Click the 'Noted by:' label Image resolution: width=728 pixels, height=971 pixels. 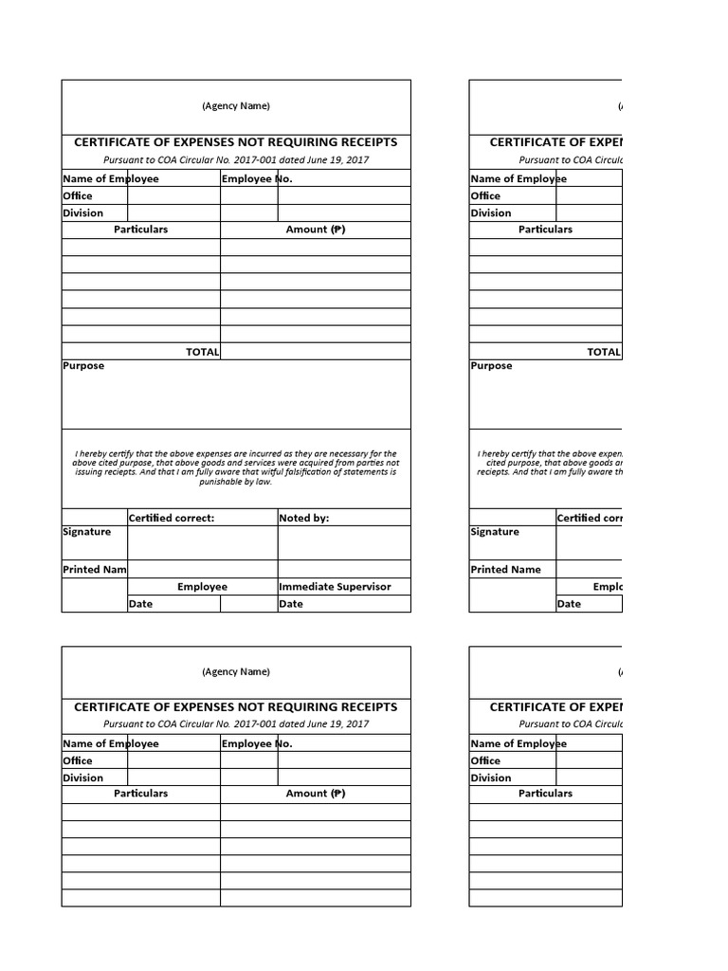(303, 518)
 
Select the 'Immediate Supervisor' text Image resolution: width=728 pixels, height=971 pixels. (335, 586)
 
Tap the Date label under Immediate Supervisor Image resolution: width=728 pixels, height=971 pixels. (291, 604)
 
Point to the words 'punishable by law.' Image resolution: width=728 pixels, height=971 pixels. (236, 482)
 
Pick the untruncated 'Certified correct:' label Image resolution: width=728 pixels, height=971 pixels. (172, 518)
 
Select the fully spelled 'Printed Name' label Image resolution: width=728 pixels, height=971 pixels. (506, 569)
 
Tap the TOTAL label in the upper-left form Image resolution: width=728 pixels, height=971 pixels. (203, 351)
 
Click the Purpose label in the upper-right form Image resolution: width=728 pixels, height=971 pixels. (491, 366)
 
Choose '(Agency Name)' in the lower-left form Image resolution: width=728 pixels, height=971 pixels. (236, 671)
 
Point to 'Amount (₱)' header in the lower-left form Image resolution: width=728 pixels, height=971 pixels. (316, 793)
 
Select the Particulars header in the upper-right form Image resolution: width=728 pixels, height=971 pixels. (545, 229)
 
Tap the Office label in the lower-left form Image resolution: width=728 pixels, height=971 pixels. (78, 760)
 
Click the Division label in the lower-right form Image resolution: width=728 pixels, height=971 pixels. (491, 778)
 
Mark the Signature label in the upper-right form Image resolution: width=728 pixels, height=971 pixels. (495, 532)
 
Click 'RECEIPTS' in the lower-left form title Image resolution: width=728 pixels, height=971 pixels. (364, 707)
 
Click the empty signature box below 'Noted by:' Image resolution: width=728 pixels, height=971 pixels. (343, 543)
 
